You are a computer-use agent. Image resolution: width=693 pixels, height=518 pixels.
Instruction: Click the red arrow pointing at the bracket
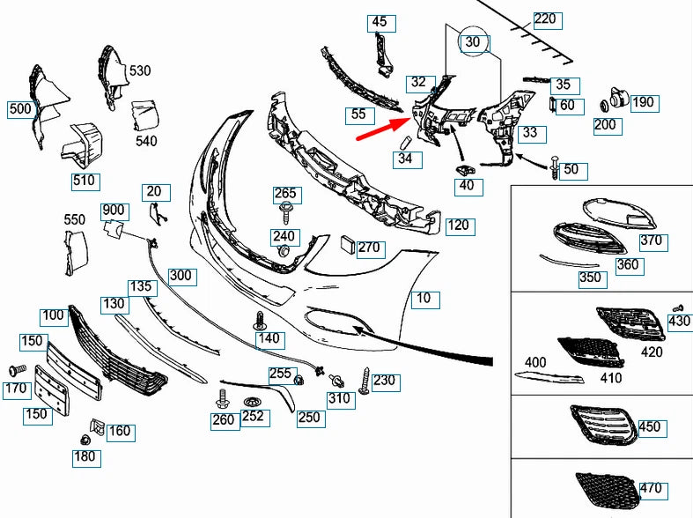(380, 127)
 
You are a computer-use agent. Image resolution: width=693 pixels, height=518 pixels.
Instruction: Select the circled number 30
(473, 41)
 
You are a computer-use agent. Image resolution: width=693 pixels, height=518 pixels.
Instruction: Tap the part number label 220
(546, 18)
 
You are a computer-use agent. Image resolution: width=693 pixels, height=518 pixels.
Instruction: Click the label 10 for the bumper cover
(424, 299)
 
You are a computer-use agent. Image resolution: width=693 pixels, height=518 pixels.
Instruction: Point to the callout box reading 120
(458, 225)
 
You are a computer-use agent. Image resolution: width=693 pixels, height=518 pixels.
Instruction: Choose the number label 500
(19, 109)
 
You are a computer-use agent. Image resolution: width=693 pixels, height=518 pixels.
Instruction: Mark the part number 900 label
(114, 211)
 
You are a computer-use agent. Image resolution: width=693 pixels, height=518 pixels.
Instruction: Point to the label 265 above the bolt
(286, 194)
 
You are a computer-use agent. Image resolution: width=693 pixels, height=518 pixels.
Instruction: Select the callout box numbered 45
(379, 21)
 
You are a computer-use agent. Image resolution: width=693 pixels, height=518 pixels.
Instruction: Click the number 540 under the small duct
(147, 140)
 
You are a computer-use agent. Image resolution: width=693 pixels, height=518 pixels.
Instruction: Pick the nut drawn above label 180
(85, 440)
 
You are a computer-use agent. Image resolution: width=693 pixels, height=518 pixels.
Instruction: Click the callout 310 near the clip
(339, 398)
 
